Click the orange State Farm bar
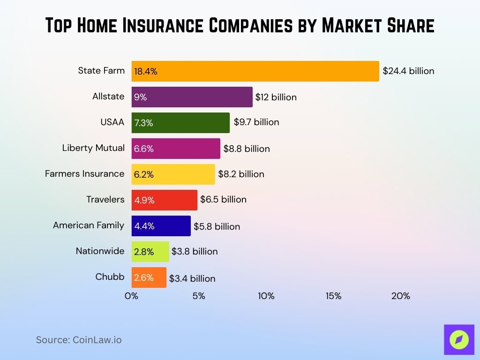(255, 71)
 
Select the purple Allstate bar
(192, 97)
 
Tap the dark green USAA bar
(180, 123)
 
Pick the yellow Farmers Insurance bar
(173, 174)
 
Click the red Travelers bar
(164, 200)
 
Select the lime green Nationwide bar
(150, 252)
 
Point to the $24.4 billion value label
(408, 71)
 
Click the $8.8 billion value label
(247, 149)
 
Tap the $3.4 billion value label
(192, 278)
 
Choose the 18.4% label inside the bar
(145, 72)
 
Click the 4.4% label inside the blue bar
(144, 226)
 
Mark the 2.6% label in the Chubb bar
(143, 277)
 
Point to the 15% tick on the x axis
(333, 296)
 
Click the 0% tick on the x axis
(131, 296)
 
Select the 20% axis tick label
(400, 296)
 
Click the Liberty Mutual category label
(93, 148)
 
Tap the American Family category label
(89, 225)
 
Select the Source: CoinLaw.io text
(79, 340)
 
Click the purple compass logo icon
(459, 339)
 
